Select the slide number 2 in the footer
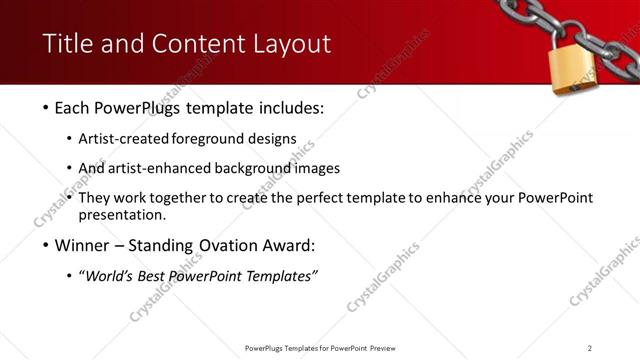[x=590, y=348]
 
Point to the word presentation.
[x=130, y=215]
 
